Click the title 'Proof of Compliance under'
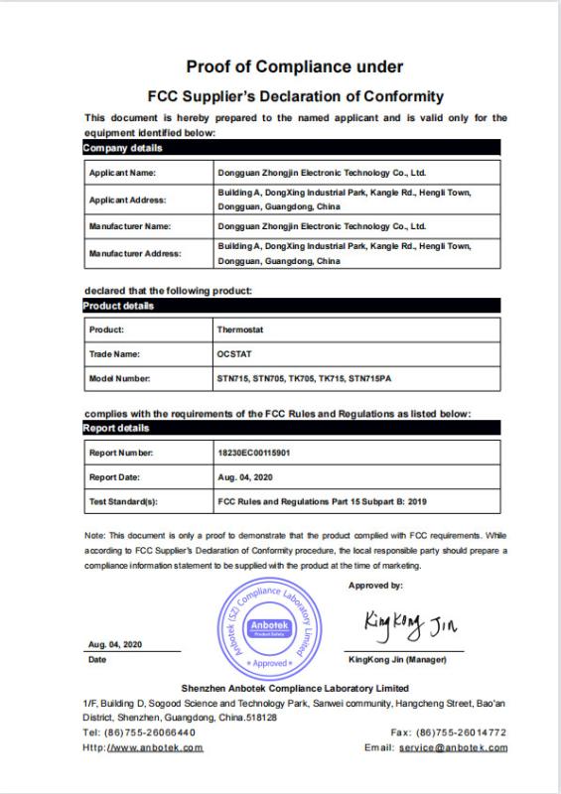[295, 67]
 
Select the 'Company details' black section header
[122, 148]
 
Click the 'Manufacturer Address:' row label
[135, 254]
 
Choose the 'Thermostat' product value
[238, 329]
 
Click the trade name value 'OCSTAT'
[233, 353]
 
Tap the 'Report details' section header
[116, 429]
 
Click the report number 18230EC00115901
[253, 453]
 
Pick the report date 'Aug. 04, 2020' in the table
[243, 477]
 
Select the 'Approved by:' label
[375, 586]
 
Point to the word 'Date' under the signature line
[97, 659]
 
